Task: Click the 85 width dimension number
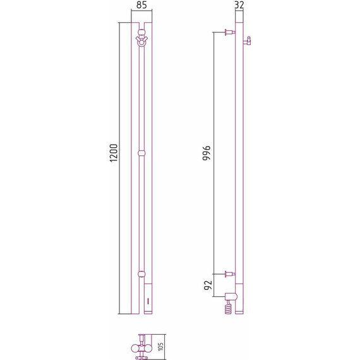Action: click(x=141, y=5)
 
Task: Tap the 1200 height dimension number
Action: click(x=114, y=153)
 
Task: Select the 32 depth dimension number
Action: click(x=239, y=5)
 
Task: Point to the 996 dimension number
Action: click(x=207, y=153)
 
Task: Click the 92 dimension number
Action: click(x=208, y=285)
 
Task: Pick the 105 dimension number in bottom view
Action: click(x=161, y=347)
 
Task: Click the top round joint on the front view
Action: click(x=141, y=32)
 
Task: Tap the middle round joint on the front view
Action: click(x=141, y=153)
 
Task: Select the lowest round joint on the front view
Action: click(x=141, y=274)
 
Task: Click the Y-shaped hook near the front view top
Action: click(x=141, y=40)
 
